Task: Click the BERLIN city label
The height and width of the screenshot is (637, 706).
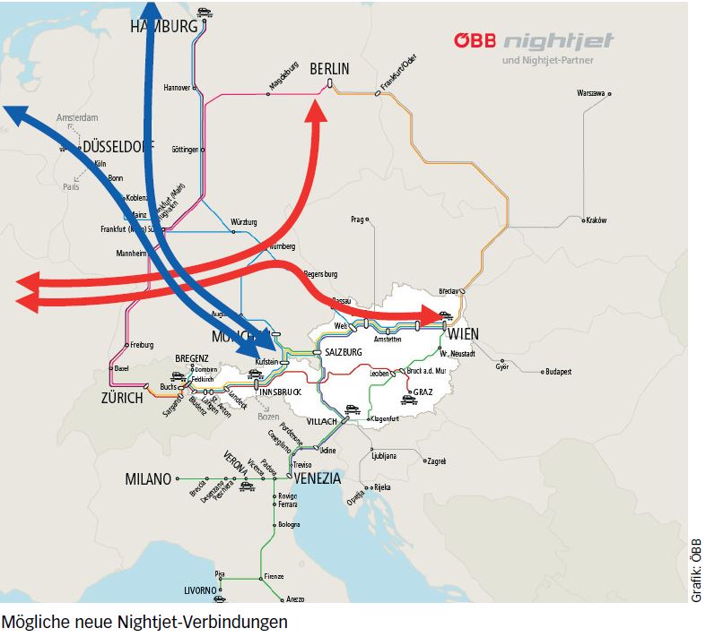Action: [x=329, y=69]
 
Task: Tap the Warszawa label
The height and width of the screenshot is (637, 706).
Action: [x=591, y=92]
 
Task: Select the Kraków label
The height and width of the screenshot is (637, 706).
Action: [x=597, y=220]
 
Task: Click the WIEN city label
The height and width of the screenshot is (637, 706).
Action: [x=463, y=335]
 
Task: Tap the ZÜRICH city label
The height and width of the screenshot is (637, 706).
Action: [x=121, y=398]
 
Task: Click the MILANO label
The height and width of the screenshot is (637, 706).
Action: [x=148, y=479]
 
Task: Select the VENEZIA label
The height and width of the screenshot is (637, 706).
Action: [x=317, y=478]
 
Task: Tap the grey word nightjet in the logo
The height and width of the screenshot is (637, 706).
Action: [x=550, y=42]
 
